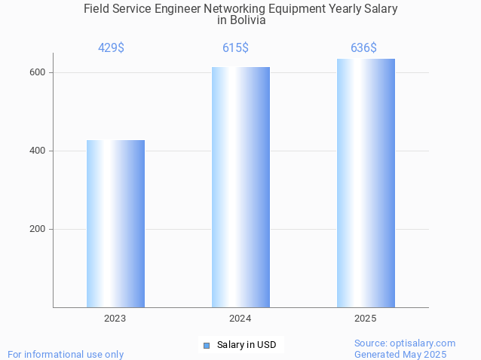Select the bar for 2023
(115, 224)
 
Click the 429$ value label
(111, 47)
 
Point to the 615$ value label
(235, 47)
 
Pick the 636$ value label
(363, 47)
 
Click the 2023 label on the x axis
(115, 319)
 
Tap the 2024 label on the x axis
(240, 319)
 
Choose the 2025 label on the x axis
(366, 319)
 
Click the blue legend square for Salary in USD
(206, 345)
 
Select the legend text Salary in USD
(247, 345)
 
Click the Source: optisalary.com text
(405, 343)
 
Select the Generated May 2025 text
(400, 354)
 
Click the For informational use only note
(66, 354)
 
